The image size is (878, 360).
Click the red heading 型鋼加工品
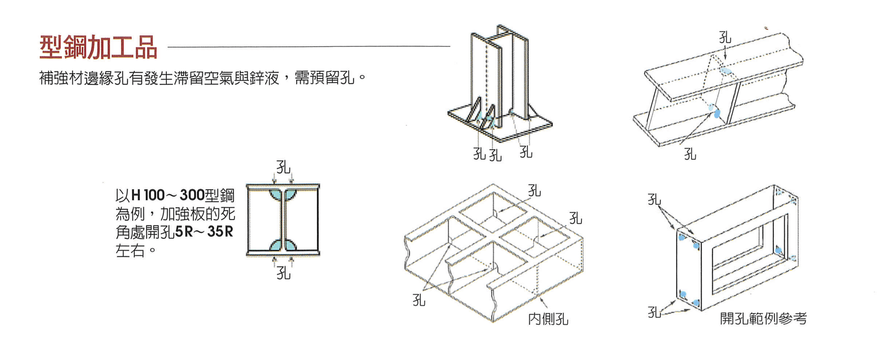pyautogui.click(x=98, y=47)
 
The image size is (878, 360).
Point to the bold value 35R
pyautogui.click(x=221, y=232)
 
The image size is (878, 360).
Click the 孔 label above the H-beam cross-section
pyautogui.click(x=283, y=168)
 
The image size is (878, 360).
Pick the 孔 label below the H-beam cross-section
pyautogui.click(x=283, y=273)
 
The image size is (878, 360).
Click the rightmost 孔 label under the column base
pyautogui.click(x=526, y=152)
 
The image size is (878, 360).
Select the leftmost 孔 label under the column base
pyautogui.click(x=479, y=155)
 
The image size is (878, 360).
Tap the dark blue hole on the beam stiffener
pyautogui.click(x=715, y=112)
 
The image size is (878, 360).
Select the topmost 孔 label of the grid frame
pyautogui.click(x=534, y=190)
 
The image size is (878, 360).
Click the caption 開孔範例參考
pyautogui.click(x=763, y=318)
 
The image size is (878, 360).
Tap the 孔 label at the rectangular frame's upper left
pyautogui.click(x=654, y=199)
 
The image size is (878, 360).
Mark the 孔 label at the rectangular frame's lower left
pyautogui.click(x=654, y=311)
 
